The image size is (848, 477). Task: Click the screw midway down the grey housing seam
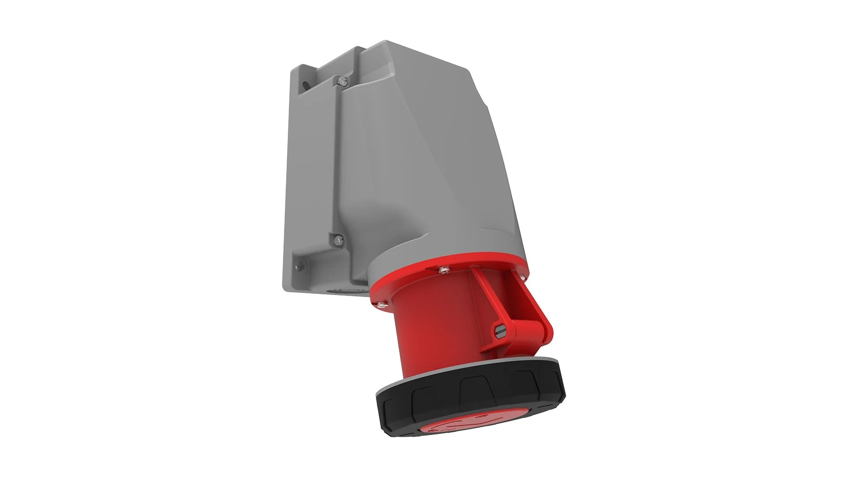[x=337, y=240]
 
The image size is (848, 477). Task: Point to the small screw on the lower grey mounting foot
[x=301, y=266]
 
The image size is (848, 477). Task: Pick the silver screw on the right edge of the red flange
[x=522, y=277]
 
